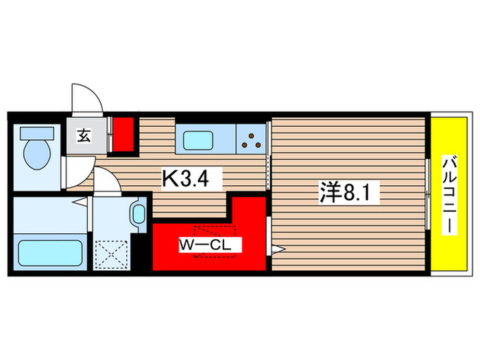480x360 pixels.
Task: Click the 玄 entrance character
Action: click(x=82, y=136)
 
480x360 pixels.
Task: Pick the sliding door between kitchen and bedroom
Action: click(x=268, y=165)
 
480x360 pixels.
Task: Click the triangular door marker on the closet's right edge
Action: click(x=278, y=248)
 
